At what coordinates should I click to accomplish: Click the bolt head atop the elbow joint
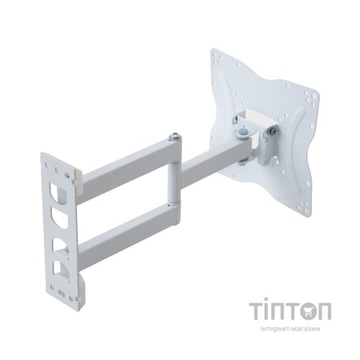tap(175, 136)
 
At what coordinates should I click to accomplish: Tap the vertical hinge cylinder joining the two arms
tap(172, 183)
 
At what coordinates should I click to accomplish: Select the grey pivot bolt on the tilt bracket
tap(243, 133)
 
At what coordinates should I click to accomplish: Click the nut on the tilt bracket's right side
tap(273, 131)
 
